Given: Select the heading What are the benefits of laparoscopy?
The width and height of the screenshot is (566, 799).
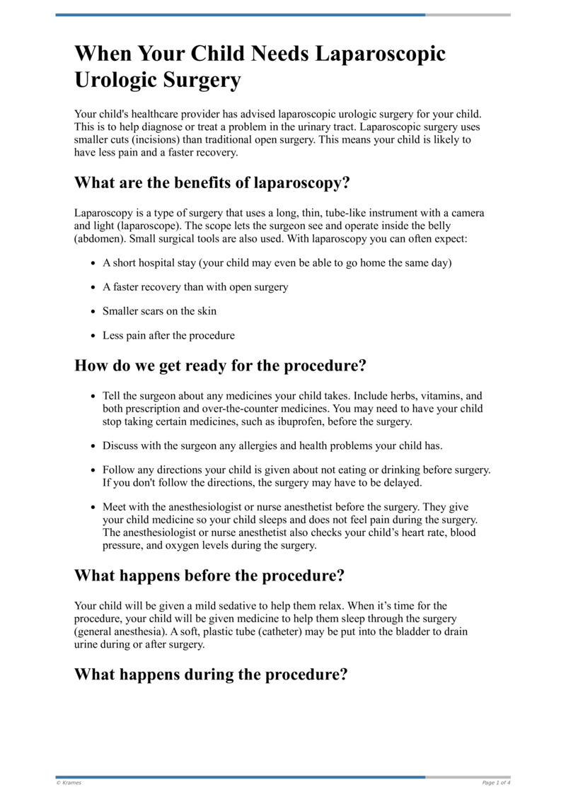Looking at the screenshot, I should pyautogui.click(x=212, y=182).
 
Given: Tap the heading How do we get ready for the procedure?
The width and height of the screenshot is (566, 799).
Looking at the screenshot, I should pyautogui.click(x=220, y=366).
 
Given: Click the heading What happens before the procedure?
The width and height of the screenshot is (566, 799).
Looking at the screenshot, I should pyautogui.click(x=209, y=575).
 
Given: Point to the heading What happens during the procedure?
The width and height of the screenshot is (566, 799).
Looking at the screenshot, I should pyautogui.click(x=211, y=674).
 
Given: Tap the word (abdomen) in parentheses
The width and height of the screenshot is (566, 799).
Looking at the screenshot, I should pyautogui.click(x=98, y=239).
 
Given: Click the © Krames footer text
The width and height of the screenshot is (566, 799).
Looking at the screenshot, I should pyautogui.click(x=69, y=783).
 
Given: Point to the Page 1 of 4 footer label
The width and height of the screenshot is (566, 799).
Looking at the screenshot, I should pyautogui.click(x=496, y=783).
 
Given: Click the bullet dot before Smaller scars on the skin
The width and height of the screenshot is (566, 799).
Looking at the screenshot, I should pyautogui.click(x=94, y=311).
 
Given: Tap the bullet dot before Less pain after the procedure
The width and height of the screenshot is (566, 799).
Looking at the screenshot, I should pyautogui.click(x=94, y=336).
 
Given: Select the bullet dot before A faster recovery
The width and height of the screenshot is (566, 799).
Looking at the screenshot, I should pyautogui.click(x=94, y=288).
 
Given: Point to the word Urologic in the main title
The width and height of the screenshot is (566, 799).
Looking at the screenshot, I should pyautogui.click(x=117, y=81).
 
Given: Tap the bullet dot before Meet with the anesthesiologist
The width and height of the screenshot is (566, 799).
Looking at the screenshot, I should pyautogui.click(x=94, y=508).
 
